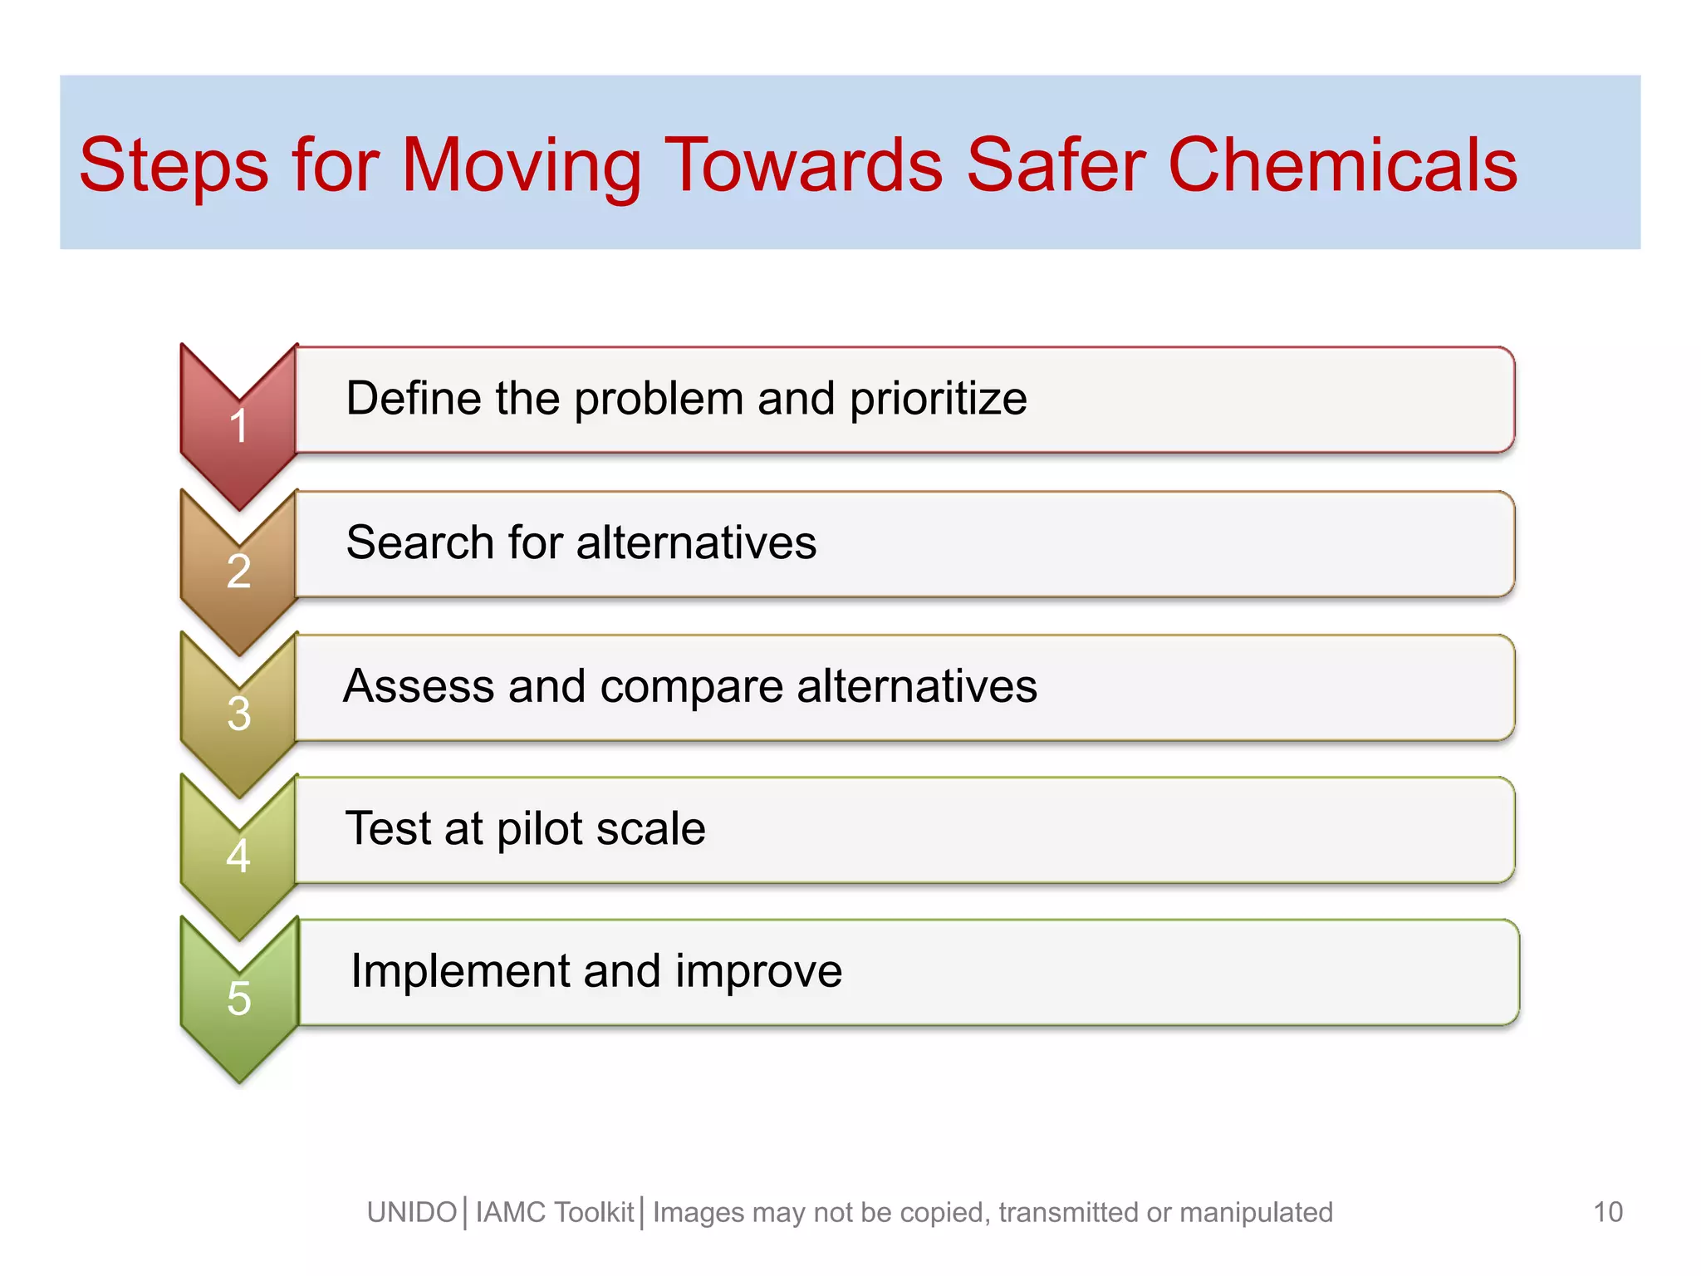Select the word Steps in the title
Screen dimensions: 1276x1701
(x=173, y=166)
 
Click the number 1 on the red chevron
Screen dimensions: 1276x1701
(x=238, y=426)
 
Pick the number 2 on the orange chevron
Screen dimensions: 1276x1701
(x=238, y=572)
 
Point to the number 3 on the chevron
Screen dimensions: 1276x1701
(x=238, y=714)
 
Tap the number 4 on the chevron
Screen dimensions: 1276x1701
(x=238, y=856)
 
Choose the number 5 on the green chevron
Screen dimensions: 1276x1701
(x=238, y=998)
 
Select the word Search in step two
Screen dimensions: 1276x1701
(x=420, y=542)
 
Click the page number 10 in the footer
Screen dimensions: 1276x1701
(x=1608, y=1212)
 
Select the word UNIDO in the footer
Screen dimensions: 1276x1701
(x=412, y=1213)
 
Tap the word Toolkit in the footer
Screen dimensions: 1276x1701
(x=593, y=1213)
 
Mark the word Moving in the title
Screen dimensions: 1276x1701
(x=522, y=166)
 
